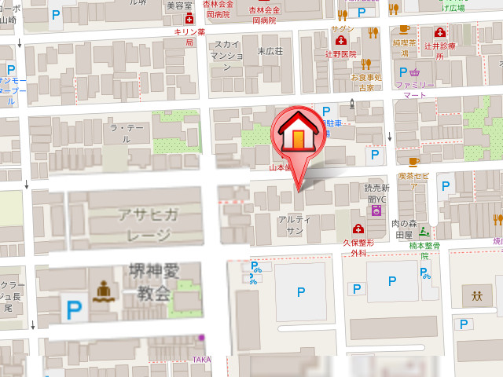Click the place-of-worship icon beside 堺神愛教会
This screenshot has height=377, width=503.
point(103,291)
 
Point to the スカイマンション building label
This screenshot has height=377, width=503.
point(227,56)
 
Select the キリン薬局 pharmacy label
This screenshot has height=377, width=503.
point(189,37)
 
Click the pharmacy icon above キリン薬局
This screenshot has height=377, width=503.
point(189,20)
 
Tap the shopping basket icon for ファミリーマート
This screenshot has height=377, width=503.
point(416,73)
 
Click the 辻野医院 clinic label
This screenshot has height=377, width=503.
point(343,54)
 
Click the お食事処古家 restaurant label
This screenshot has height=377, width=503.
point(367,82)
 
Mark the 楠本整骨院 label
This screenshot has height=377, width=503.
point(424,250)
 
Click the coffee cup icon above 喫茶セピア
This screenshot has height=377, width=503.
point(414,162)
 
